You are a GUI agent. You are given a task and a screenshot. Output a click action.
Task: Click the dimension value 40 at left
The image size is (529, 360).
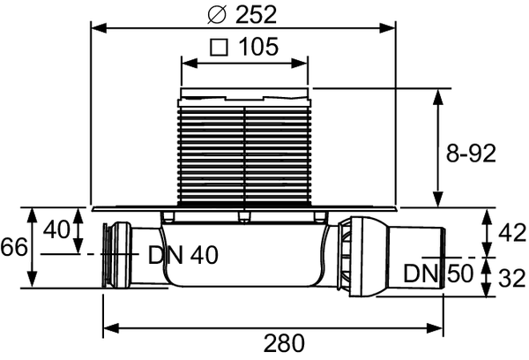tap(56, 231)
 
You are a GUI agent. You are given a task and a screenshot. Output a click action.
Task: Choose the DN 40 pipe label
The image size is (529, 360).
tap(183, 256)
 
